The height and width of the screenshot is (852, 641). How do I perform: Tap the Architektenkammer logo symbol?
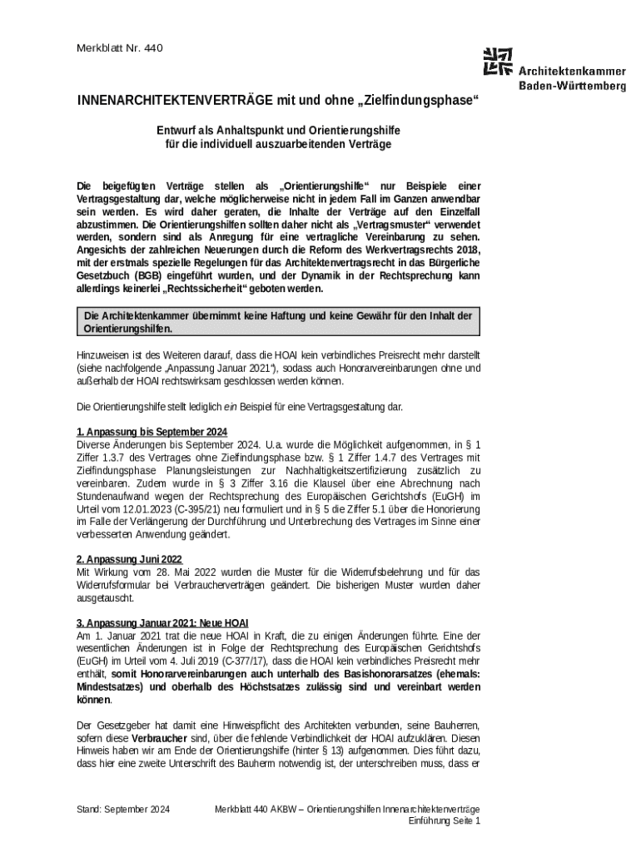[x=498, y=62]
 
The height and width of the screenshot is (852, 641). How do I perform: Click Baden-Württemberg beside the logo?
[x=572, y=85]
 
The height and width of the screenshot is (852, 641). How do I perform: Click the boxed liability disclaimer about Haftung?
[x=279, y=322]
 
